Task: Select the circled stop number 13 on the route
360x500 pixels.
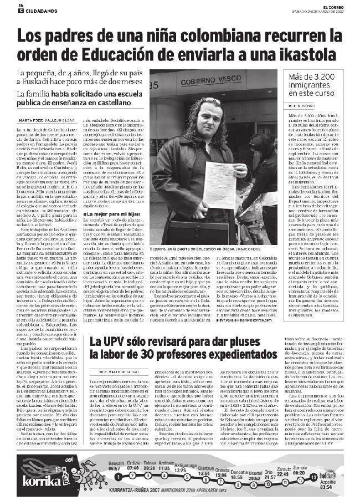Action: [x=313, y=477]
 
